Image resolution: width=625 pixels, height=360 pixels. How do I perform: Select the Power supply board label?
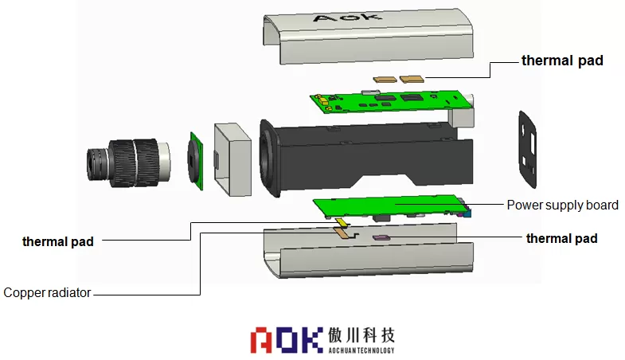click(x=562, y=205)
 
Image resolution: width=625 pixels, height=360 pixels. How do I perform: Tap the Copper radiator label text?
click(x=47, y=293)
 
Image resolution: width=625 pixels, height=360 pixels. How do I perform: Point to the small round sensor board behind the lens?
click(x=196, y=160)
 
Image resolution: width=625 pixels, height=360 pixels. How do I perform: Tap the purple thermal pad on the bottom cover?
click(x=381, y=237)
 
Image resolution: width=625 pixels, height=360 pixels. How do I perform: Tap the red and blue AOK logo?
click(x=286, y=338)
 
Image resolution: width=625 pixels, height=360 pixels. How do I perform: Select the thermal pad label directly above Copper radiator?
click(x=57, y=241)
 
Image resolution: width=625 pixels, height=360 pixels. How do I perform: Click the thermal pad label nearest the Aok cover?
click(x=562, y=61)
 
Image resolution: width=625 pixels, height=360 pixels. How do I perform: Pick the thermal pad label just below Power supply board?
click(x=562, y=238)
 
